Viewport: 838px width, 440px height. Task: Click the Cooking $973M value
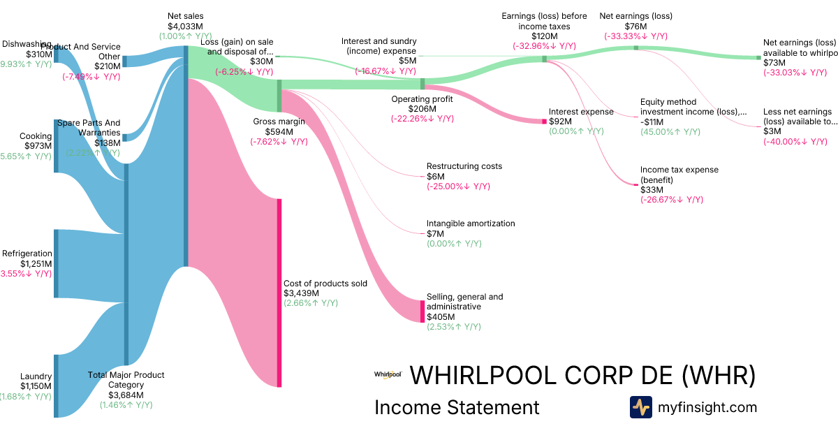(x=38, y=146)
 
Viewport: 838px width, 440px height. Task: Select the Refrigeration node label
(x=27, y=254)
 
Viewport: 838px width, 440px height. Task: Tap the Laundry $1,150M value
(x=36, y=386)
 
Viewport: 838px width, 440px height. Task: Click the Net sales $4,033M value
(x=186, y=26)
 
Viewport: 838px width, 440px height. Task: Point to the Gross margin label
(x=279, y=121)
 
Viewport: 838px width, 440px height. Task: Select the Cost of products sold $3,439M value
(x=301, y=293)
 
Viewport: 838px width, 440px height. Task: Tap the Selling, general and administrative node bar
(x=422, y=311)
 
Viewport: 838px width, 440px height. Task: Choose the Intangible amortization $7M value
(x=435, y=234)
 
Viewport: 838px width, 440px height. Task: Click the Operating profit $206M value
(x=422, y=109)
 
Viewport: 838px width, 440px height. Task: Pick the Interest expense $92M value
(x=560, y=121)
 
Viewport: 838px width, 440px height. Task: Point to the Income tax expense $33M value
(x=651, y=189)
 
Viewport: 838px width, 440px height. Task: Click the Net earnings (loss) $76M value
(x=635, y=26)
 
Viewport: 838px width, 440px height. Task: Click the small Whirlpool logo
(x=388, y=375)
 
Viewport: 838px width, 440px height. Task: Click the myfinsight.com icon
(x=640, y=407)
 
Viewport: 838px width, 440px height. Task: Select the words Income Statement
(x=457, y=407)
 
